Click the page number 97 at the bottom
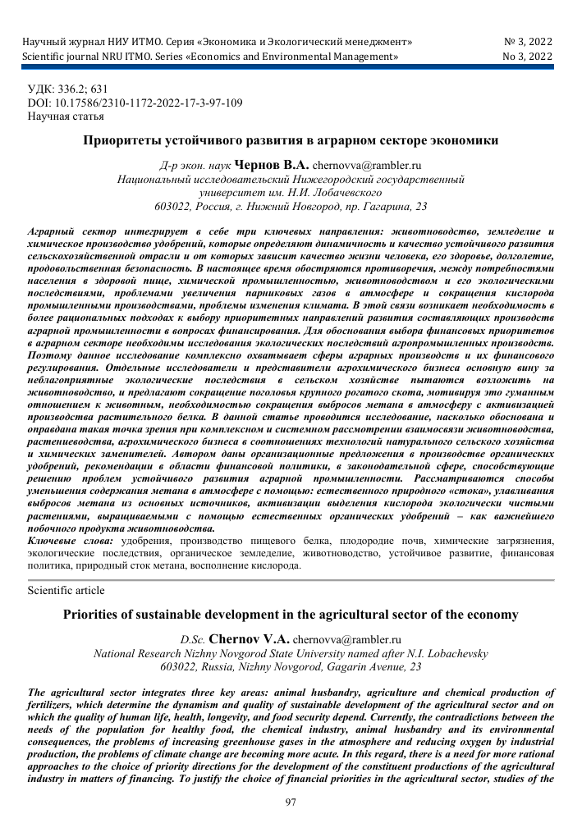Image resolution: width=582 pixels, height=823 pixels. (x=291, y=802)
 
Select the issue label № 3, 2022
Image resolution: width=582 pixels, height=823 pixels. (x=527, y=40)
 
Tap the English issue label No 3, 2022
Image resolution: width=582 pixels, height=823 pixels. (x=527, y=56)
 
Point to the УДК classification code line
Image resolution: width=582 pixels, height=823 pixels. (x=67, y=89)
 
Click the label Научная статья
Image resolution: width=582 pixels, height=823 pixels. (x=66, y=116)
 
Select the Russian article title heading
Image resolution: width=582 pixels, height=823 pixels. (x=291, y=140)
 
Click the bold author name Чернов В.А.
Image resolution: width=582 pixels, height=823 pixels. (x=266, y=164)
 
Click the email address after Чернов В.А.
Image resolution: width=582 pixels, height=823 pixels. (x=350, y=165)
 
